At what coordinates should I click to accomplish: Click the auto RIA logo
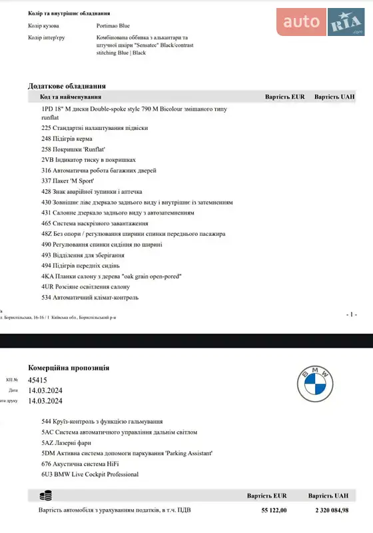(x=323, y=23)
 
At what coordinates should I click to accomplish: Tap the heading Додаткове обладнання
(x=67, y=86)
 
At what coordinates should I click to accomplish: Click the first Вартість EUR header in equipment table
(x=284, y=97)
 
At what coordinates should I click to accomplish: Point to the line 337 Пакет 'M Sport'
(x=67, y=181)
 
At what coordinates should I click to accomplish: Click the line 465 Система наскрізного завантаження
(x=95, y=223)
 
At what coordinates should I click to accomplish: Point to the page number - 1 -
(x=352, y=314)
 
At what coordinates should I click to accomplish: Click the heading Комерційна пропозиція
(x=69, y=368)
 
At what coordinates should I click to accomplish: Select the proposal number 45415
(x=37, y=380)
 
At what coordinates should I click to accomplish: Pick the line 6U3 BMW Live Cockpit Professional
(x=90, y=474)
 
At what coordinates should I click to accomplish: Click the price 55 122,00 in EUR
(x=274, y=510)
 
